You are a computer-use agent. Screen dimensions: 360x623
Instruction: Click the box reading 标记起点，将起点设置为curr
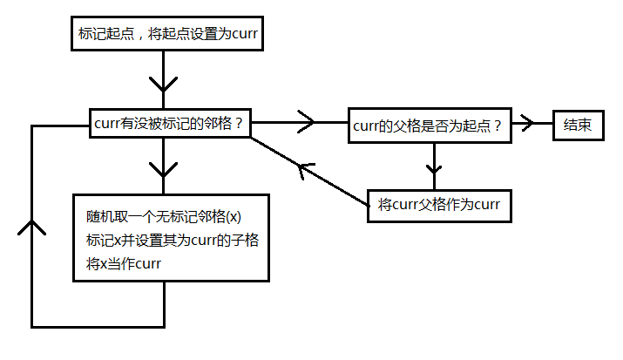(x=163, y=34)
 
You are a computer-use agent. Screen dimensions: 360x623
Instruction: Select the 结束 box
(x=578, y=125)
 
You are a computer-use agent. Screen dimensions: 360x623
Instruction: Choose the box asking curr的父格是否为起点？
(x=428, y=125)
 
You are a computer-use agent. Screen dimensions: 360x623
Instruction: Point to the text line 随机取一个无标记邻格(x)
(x=163, y=217)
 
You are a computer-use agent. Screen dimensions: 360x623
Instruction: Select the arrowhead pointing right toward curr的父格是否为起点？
(x=306, y=123)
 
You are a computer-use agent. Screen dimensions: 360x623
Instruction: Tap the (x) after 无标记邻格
(x=232, y=217)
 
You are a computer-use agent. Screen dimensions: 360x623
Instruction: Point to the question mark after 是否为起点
(x=498, y=125)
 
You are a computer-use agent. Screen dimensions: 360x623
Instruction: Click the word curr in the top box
(x=242, y=34)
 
